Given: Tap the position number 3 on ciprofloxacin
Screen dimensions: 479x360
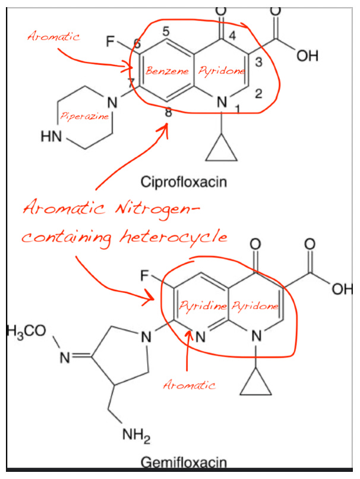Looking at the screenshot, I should point(258,62).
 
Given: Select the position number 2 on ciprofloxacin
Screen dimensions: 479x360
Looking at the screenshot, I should point(258,93).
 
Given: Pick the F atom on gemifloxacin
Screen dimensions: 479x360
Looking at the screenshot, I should point(144,276).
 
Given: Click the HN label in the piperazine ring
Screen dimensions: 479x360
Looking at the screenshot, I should point(51,137).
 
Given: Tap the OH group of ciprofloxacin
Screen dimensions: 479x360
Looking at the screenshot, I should point(307,56).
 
